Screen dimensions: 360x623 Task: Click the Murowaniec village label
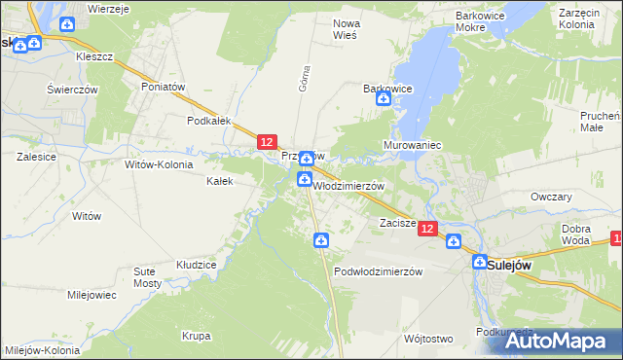[x=415, y=145]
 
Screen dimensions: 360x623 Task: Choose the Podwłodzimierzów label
[x=378, y=271]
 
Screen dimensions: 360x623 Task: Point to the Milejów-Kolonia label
[x=43, y=350]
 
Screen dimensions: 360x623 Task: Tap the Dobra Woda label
[x=576, y=234]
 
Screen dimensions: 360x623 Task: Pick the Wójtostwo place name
[x=428, y=339]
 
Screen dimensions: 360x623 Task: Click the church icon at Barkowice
[x=384, y=99]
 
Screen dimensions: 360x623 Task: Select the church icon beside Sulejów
[x=479, y=262]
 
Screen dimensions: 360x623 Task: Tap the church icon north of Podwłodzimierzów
[x=320, y=241]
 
